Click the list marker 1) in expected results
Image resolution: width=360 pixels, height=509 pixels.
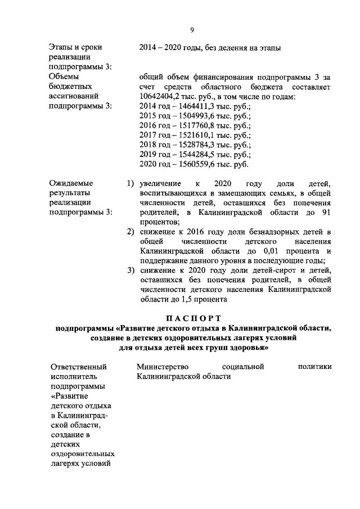coord(130,184)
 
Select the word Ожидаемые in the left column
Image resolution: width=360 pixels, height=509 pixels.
coord(71,183)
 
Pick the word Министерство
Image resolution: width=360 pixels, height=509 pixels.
coord(162,367)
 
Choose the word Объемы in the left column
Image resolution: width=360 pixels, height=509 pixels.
coord(64,76)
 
